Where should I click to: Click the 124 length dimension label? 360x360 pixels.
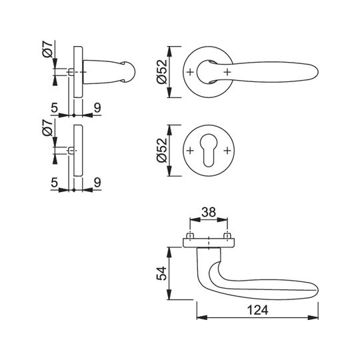point(257,310)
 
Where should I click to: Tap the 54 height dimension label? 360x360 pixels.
point(161,273)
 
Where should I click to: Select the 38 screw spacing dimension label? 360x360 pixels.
point(209,212)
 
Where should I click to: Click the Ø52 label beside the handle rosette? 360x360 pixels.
point(161,72)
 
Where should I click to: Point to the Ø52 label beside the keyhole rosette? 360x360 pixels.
point(161,151)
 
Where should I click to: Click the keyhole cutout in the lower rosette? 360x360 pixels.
point(209,151)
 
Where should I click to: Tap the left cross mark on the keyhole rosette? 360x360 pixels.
point(190,151)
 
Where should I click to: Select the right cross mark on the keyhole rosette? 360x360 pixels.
point(227,151)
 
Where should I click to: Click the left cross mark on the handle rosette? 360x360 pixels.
point(190,72)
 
